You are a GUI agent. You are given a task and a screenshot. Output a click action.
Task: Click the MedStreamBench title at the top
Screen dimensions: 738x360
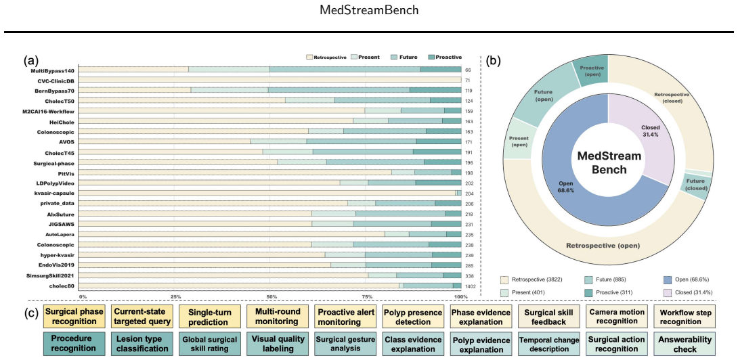[x=368, y=10]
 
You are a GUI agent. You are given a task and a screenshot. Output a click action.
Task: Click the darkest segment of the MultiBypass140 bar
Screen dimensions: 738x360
[x=441, y=70]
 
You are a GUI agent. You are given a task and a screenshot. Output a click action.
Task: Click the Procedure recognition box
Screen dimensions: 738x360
[x=74, y=344]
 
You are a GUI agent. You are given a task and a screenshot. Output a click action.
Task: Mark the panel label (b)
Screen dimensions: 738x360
[x=494, y=61]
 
